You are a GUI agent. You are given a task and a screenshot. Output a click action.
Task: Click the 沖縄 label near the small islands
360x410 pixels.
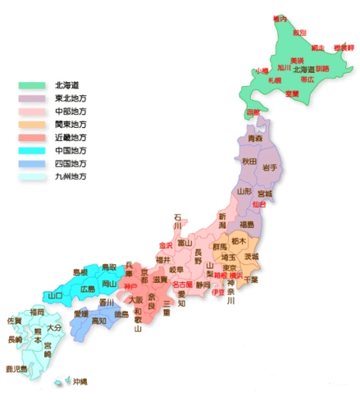80,382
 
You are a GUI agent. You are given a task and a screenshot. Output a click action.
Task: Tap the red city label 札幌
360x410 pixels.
274,80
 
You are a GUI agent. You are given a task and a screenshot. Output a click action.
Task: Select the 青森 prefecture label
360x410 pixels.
255,139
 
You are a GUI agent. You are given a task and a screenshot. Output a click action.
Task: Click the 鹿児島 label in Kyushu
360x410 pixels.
16,369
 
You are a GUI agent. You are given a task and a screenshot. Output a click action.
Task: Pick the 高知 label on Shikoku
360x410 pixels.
98,321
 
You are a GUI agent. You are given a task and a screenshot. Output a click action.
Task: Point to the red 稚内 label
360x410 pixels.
280,18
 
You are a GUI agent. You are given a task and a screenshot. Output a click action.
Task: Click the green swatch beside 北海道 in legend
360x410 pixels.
32,84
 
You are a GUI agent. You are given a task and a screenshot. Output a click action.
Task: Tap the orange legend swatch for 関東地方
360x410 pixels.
32,124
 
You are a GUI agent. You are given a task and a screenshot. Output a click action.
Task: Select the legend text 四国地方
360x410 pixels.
71,163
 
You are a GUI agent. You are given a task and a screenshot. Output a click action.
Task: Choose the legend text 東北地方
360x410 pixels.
71,98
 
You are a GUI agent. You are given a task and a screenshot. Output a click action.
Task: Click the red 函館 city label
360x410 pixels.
253,112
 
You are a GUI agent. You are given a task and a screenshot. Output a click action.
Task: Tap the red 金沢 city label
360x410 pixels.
166,244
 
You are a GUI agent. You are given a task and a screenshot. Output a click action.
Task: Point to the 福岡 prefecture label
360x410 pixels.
37,312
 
